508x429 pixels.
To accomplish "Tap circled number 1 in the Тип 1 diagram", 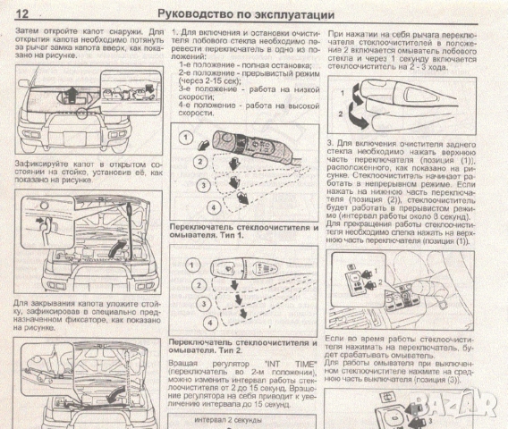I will click(185, 137).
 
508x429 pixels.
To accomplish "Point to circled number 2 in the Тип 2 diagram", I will click(191, 286).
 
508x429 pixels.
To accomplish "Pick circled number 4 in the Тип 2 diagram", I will click(207, 321).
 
